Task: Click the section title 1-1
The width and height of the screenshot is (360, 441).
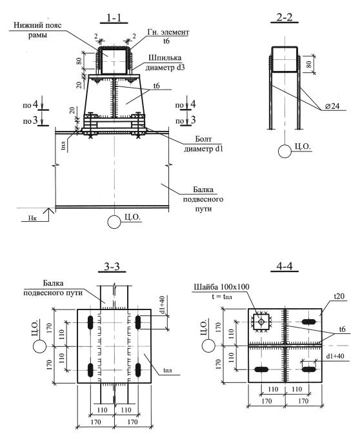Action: tap(114, 17)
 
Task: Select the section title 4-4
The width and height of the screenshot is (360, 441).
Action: tap(285, 266)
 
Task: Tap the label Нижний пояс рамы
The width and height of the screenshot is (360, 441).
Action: tap(37, 30)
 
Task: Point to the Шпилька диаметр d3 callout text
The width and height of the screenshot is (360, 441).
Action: tap(165, 63)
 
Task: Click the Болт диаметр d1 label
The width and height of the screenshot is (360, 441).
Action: tap(203, 144)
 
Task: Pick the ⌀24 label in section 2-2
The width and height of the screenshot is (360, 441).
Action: tap(332, 106)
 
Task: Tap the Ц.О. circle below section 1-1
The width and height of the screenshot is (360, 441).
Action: tap(114, 222)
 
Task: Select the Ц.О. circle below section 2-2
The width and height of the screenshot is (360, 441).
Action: tap(285, 152)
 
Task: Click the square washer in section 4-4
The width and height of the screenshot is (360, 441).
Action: tap(261, 322)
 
